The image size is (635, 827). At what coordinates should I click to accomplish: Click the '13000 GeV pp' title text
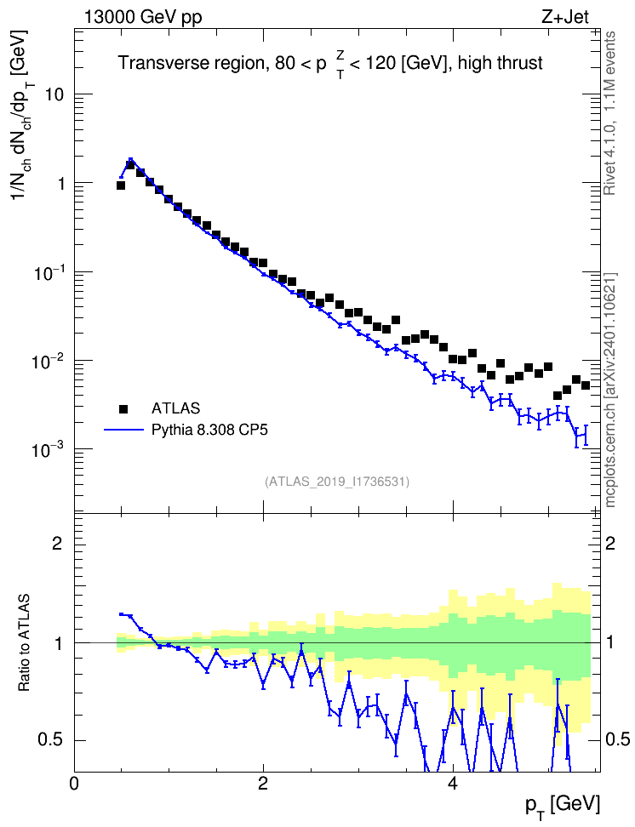click(x=142, y=18)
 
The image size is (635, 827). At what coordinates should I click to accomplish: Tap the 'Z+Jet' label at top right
click(x=565, y=17)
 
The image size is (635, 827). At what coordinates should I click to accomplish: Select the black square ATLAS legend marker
click(x=123, y=408)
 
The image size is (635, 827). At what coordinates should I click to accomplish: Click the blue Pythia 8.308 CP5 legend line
click(x=123, y=431)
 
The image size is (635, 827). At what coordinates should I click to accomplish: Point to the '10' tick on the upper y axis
click(x=51, y=94)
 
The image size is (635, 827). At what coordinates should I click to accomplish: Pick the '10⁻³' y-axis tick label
click(x=47, y=448)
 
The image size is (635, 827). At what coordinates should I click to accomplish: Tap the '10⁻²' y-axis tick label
click(x=47, y=360)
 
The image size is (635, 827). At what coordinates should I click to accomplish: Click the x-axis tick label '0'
click(x=74, y=784)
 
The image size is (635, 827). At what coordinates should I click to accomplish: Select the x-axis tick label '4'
click(x=453, y=784)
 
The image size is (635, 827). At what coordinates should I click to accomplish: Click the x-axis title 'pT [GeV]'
click(x=563, y=806)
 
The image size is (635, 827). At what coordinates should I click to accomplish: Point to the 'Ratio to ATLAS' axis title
click(x=23, y=643)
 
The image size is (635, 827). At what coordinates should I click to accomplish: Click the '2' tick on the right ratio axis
click(x=610, y=544)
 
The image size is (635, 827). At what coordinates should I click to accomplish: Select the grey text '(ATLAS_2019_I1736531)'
click(x=337, y=482)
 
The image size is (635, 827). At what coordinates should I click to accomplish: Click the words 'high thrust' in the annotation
click(x=500, y=63)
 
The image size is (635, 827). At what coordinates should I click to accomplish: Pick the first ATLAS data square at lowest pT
click(x=120, y=185)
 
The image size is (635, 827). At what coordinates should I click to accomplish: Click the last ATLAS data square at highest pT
click(x=586, y=385)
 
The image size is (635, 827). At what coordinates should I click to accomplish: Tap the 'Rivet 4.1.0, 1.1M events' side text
click(x=610, y=113)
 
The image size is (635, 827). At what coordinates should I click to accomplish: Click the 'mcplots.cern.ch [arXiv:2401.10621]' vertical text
click(x=610, y=391)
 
